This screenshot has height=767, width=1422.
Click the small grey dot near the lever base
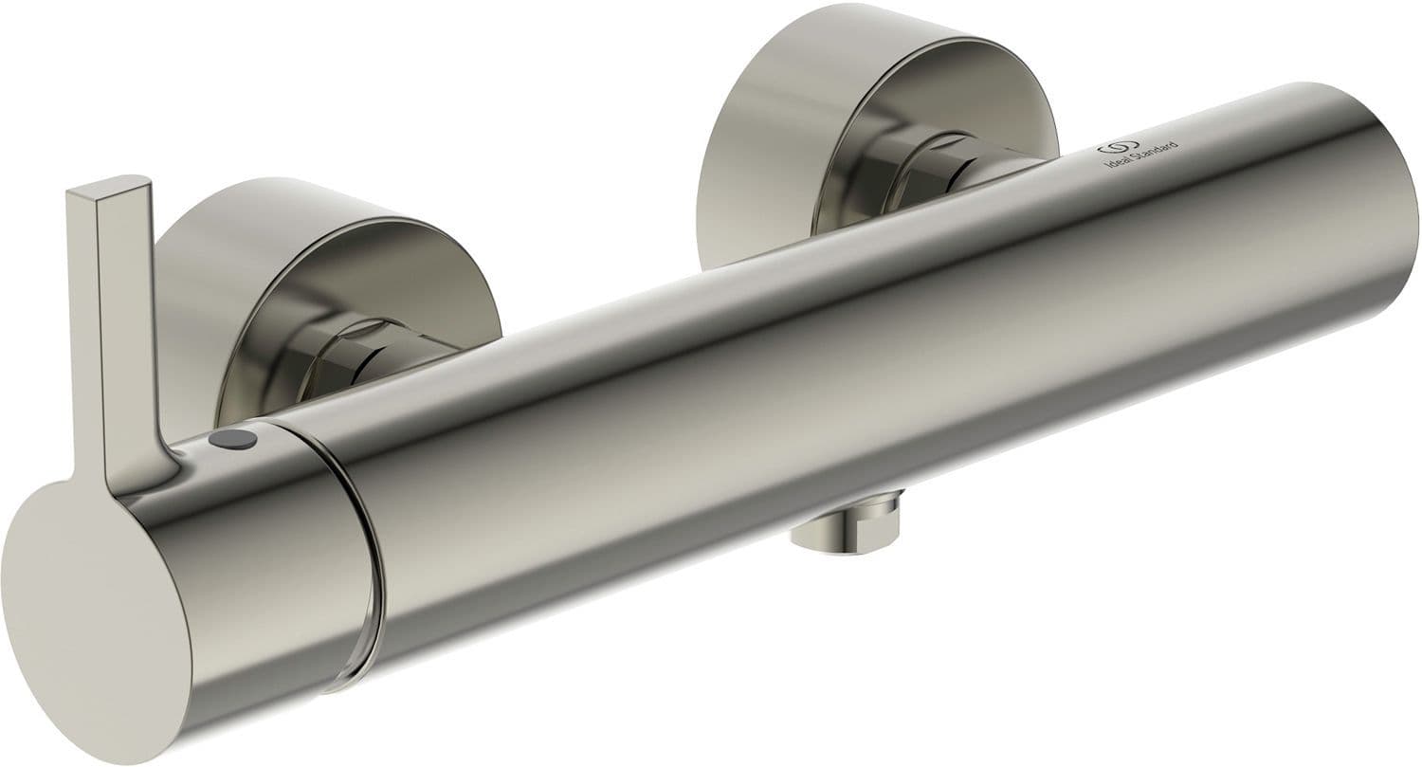tap(233, 437)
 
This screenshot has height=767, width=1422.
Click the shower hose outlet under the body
tap(846, 520)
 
